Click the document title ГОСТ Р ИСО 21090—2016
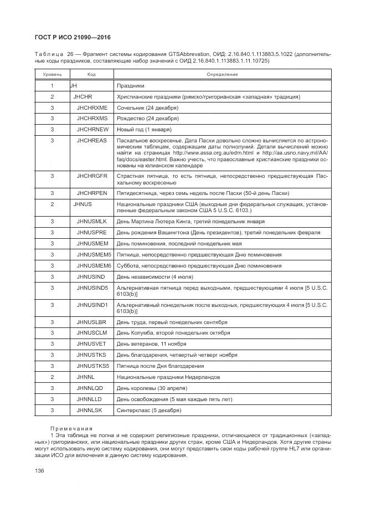69,37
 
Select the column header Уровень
52,74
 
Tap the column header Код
92,74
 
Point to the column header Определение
222,74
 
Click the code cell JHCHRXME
92,107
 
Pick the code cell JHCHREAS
91,141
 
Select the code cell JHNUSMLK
91,221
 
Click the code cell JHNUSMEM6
94,265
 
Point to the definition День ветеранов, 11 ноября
152,343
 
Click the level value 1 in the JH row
52,85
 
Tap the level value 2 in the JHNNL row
52,377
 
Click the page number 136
40,470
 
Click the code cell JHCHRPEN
92,193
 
